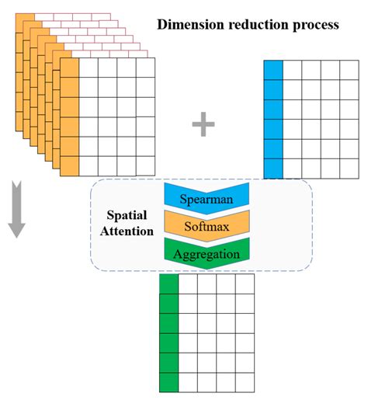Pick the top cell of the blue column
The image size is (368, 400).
(x=273, y=70)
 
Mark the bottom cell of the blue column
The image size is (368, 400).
(x=273, y=168)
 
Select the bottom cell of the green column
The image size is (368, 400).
(x=168, y=382)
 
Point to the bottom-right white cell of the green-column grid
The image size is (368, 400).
(x=245, y=382)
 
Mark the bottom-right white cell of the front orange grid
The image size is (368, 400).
(x=145, y=165)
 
